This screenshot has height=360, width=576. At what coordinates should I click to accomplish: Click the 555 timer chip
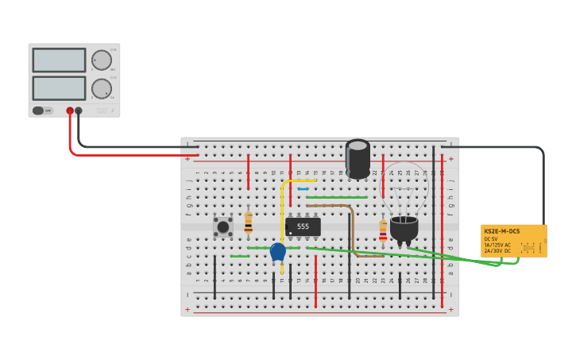[x=303, y=226]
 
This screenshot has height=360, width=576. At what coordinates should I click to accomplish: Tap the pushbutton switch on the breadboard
[x=223, y=226]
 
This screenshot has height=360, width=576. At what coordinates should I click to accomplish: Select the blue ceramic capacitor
[x=277, y=252]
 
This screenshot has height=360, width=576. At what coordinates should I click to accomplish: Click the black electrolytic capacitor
[x=358, y=159]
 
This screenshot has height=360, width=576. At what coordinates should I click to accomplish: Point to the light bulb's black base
[x=404, y=228]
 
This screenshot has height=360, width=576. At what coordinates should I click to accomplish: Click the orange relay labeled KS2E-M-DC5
[x=513, y=241]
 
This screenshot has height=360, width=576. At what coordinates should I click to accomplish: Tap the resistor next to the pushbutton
[x=248, y=222]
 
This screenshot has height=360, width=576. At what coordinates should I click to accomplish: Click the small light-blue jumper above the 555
[x=303, y=188]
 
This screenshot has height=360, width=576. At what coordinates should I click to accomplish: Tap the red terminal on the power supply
[x=70, y=111]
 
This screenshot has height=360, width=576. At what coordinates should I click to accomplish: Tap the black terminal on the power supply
[x=79, y=111]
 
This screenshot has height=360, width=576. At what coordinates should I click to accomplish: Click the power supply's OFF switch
[x=38, y=110]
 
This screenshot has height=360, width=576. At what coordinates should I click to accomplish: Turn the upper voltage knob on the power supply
[x=102, y=60]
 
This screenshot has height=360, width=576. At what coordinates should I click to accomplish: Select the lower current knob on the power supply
[x=102, y=88]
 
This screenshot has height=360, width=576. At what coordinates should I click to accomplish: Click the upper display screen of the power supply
[x=59, y=60]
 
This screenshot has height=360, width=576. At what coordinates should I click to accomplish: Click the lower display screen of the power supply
[x=59, y=87]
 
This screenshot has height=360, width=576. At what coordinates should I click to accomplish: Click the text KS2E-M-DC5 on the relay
[x=502, y=231]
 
